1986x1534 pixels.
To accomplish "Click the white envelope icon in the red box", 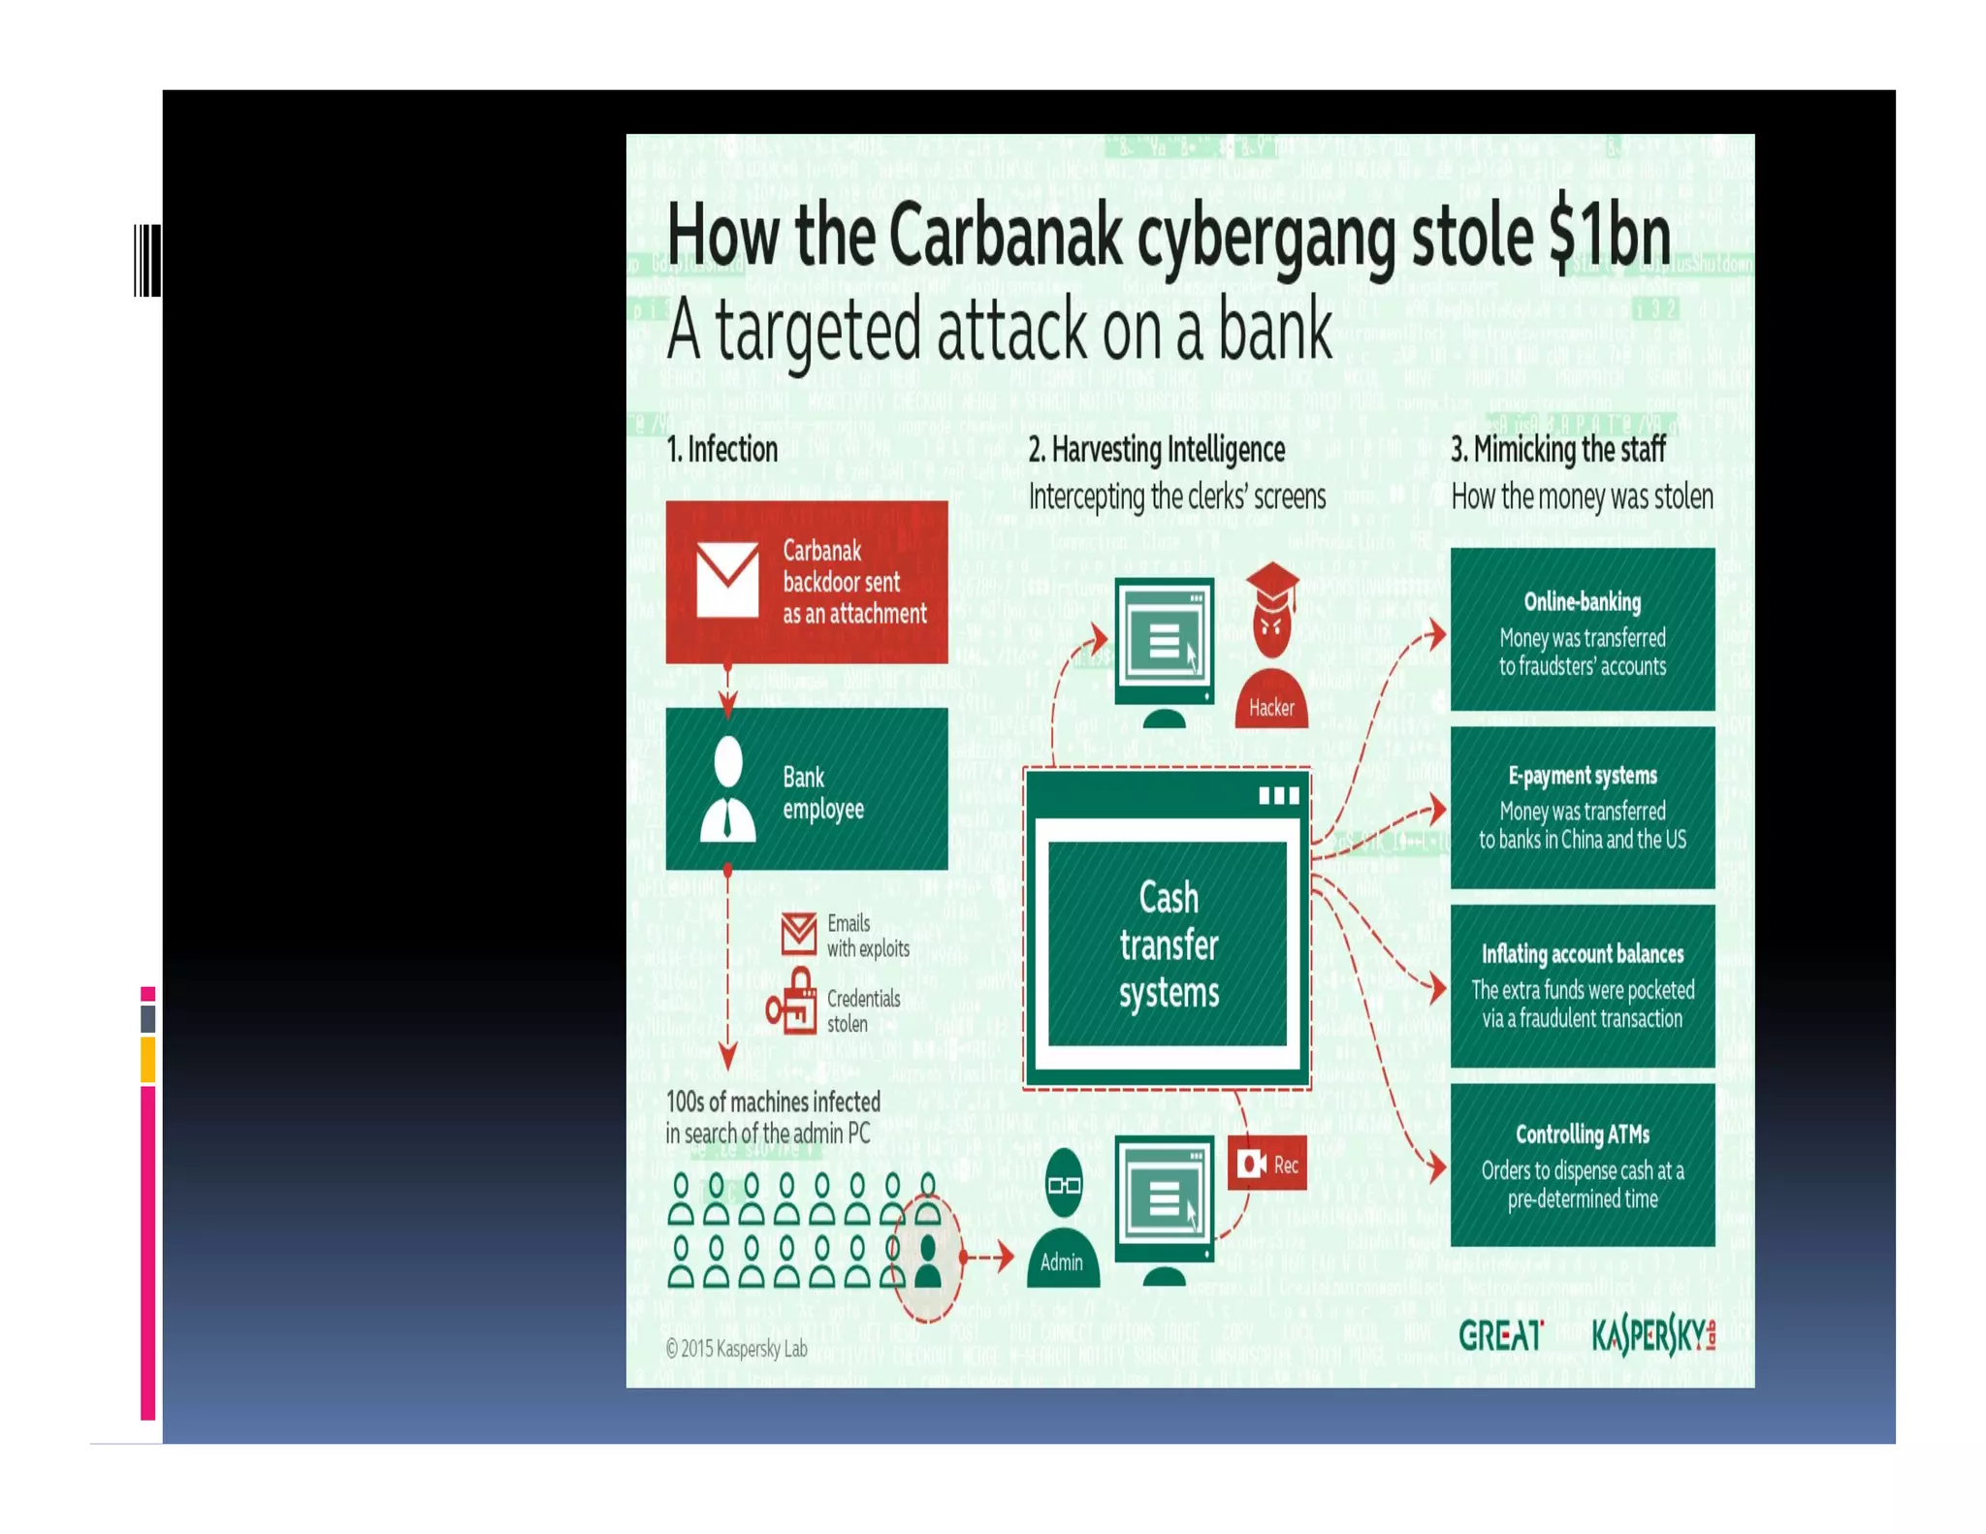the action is (727, 580).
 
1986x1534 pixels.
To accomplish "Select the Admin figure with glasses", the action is (1064, 1218).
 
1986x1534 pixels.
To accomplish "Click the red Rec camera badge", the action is (1267, 1164).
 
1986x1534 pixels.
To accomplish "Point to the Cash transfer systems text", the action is (1169, 944).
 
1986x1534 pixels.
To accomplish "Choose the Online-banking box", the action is (1582, 629).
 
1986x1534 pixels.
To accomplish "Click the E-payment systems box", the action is (1582, 808).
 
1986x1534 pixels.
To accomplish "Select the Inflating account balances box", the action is (1582, 986).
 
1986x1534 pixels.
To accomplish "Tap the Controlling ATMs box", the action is (1582, 1166).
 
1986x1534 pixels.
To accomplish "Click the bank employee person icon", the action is (727, 788).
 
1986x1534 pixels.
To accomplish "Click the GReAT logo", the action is (1500, 1336).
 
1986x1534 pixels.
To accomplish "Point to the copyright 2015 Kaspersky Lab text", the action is (736, 1348).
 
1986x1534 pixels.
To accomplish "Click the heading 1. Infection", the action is (721, 450).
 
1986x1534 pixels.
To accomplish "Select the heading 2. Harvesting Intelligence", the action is (1156, 450).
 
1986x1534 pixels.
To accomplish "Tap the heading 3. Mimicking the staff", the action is (1557, 450).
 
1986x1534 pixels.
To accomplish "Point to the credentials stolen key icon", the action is (792, 1003).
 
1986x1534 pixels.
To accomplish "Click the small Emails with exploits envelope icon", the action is (799, 933).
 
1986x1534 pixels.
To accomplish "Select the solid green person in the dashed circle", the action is (928, 1261).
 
